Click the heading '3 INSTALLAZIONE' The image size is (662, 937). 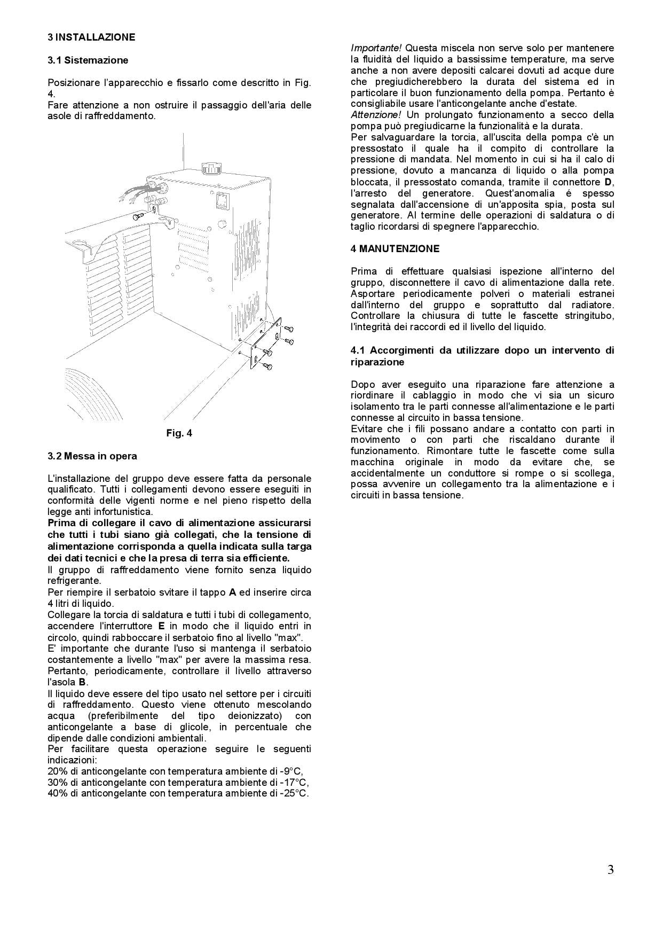tap(91, 37)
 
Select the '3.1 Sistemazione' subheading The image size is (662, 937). tap(88, 60)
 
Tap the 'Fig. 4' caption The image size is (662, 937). tap(179, 433)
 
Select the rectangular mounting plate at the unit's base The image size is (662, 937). tap(265, 342)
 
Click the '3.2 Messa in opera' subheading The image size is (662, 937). tap(92, 456)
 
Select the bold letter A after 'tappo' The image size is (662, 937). tap(232, 592)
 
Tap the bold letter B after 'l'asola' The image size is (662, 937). tap(82, 682)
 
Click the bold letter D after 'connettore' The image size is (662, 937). tap(610, 182)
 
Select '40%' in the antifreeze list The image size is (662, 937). tap(57, 793)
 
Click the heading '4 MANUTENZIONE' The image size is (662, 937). tap(395, 249)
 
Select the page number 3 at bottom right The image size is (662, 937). tap(610, 870)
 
